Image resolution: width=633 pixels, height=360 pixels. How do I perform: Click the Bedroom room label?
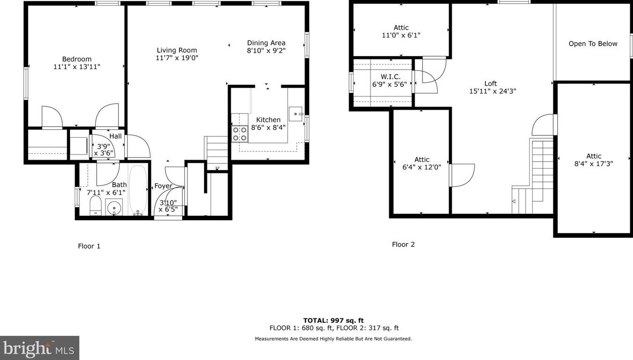click(x=77, y=59)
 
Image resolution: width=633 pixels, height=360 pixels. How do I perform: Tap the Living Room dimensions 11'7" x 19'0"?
click(x=177, y=58)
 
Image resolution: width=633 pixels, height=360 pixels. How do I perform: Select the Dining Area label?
click(x=266, y=43)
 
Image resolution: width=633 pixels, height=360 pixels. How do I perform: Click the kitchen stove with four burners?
click(x=240, y=134)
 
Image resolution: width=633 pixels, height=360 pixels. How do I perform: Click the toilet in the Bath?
click(x=95, y=205)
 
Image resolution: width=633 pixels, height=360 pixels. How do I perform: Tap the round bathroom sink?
click(x=114, y=207)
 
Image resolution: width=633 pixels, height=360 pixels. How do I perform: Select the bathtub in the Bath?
click(x=138, y=190)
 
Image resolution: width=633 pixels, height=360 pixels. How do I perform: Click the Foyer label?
click(x=163, y=186)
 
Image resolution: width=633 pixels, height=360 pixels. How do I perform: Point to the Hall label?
click(x=115, y=136)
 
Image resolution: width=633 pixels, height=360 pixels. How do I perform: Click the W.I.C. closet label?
click(x=391, y=77)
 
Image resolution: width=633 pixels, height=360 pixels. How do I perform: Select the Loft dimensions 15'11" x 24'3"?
click(x=492, y=92)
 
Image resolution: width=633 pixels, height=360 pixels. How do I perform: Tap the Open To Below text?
click(x=593, y=44)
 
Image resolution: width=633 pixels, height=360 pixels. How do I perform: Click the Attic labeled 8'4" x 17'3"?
click(x=593, y=160)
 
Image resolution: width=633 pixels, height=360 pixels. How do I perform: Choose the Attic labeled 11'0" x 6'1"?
click(x=401, y=31)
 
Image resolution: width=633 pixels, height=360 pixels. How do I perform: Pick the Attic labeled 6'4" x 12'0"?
click(x=421, y=163)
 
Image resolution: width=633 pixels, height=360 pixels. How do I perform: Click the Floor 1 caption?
click(x=89, y=246)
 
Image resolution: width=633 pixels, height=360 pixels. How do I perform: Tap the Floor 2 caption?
click(x=403, y=244)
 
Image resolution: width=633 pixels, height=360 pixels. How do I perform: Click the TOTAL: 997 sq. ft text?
click(x=333, y=320)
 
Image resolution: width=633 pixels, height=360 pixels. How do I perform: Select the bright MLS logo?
click(x=39, y=348)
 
